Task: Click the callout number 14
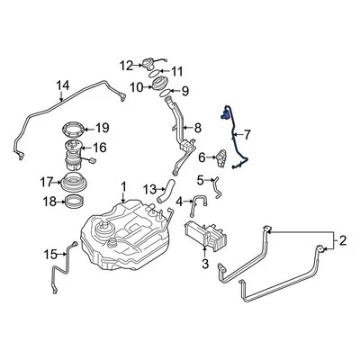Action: click(x=62, y=87)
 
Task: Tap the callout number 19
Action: click(x=103, y=128)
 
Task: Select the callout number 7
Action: click(x=247, y=136)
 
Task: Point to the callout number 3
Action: click(x=205, y=264)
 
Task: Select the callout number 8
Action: click(x=198, y=129)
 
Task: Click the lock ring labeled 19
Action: click(x=76, y=128)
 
